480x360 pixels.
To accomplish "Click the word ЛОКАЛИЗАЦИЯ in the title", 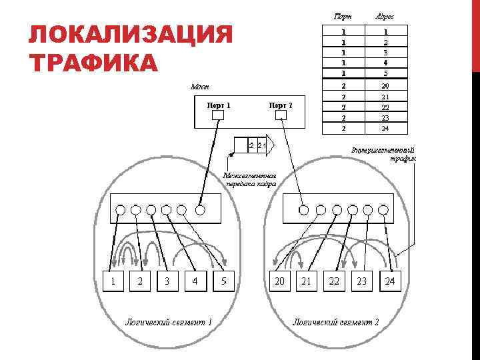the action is pos(131,35).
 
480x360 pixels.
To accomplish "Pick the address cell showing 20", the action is pos(385,86).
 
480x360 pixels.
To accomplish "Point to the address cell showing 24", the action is pos(385,128).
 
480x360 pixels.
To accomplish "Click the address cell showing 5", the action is pos(385,73).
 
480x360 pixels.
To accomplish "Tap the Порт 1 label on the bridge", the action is pos(218,105).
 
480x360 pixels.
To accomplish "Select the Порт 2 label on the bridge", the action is pos(280,105).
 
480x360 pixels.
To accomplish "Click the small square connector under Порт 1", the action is pos(218,115).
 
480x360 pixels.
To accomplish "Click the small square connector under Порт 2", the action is pos(281,115).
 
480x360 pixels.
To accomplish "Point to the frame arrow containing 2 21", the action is pos(254,145).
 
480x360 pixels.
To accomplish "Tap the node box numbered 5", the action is pos(224,281).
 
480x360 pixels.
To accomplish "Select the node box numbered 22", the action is pos(334,281).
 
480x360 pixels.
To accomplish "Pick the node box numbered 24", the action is pos(390,281).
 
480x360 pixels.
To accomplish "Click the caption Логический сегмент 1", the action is pos(169,322).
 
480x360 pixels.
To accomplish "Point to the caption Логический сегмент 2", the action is pos(336,322).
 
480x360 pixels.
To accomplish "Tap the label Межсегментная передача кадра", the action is pos(251,181).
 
